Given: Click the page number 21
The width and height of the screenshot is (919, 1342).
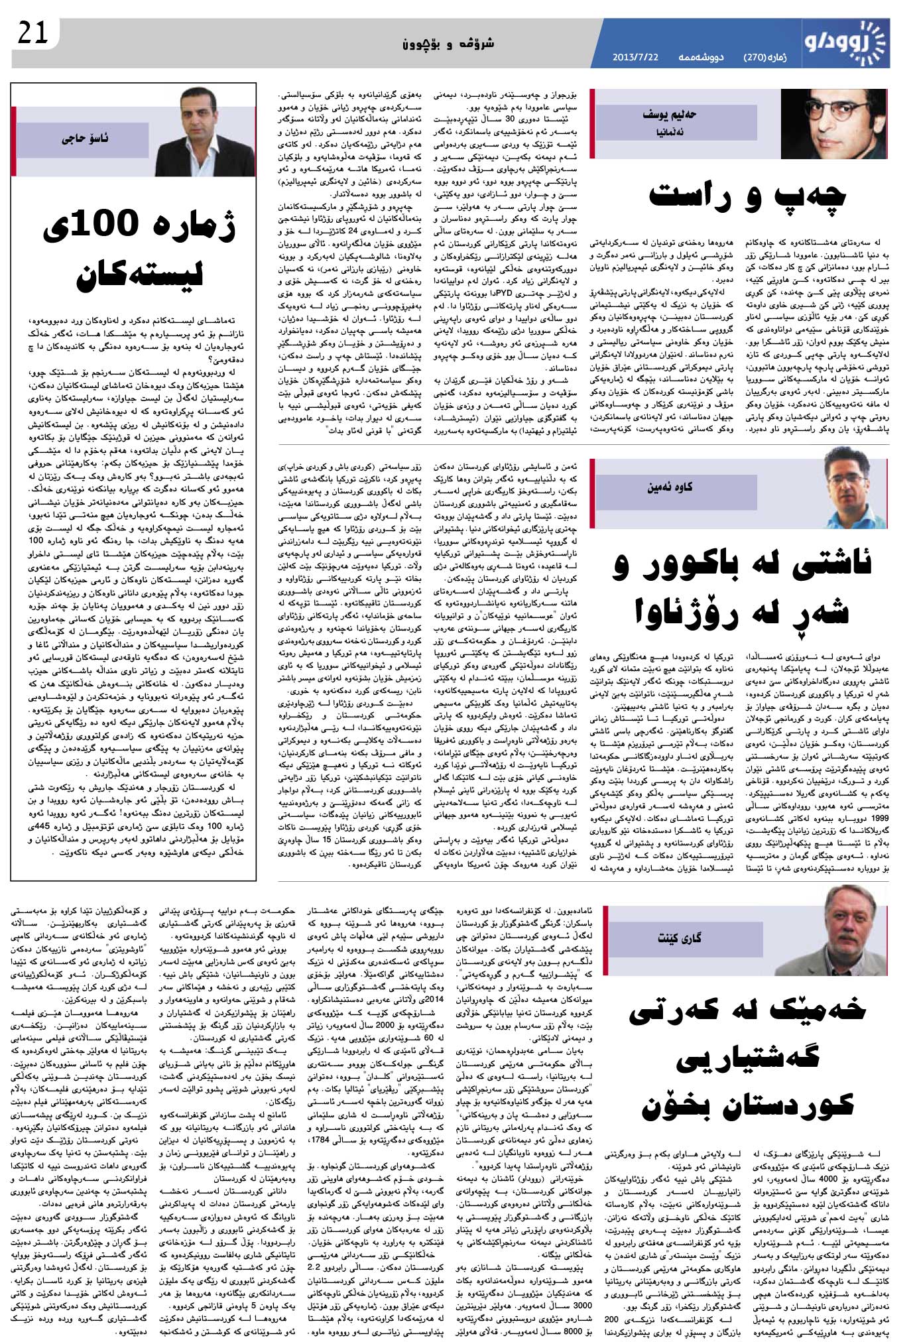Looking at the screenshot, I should (33, 33).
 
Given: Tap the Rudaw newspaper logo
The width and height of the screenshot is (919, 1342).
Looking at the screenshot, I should (844, 40).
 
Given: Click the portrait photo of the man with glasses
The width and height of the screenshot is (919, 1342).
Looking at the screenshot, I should (834, 124).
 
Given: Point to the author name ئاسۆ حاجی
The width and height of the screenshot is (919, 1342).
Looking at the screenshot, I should (85, 139).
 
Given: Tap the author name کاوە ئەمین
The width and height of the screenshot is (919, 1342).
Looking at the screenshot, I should (670, 487).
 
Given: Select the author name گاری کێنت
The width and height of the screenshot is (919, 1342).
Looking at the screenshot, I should (679, 938).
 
